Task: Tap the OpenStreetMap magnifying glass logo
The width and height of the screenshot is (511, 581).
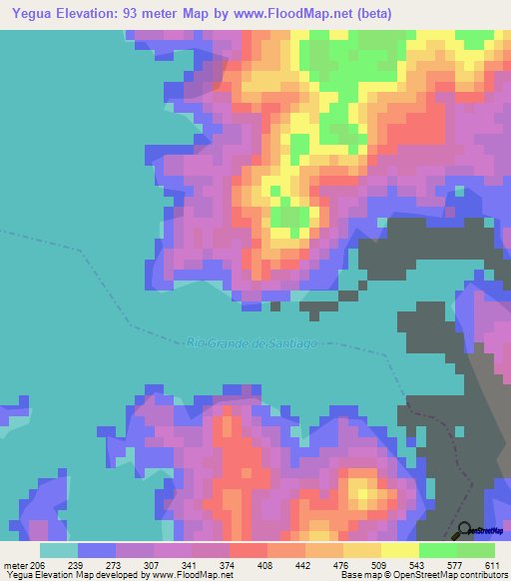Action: point(465,530)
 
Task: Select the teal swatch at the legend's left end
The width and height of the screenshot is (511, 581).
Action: point(59,550)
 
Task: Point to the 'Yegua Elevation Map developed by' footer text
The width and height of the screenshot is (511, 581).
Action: point(72,575)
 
